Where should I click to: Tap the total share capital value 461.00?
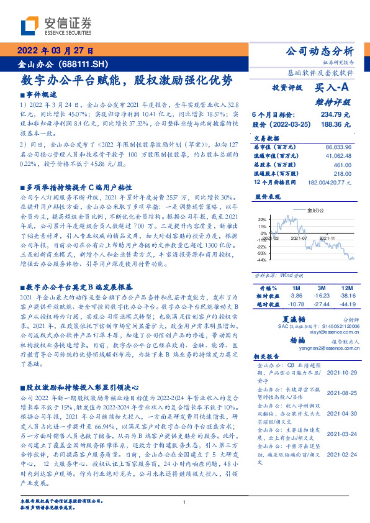[x=343, y=165]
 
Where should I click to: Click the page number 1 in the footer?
[x=184, y=502]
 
